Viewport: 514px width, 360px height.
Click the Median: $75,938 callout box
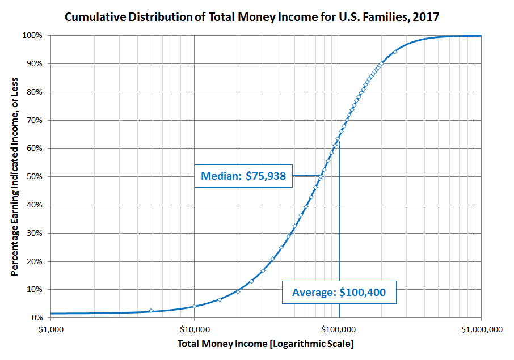click(x=243, y=176)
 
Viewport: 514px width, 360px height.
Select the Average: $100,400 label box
click(x=339, y=293)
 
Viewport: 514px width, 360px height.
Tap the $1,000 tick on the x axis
click(x=51, y=329)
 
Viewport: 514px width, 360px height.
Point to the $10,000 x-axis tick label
click(x=194, y=329)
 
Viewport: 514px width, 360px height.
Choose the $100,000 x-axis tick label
click(x=338, y=329)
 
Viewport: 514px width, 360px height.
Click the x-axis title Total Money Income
click(x=266, y=344)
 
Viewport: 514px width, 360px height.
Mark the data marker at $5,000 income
click(x=151, y=311)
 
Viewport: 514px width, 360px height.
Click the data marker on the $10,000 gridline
click(x=195, y=306)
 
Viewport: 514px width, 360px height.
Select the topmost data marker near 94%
click(x=395, y=52)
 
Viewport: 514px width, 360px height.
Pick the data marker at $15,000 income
click(x=220, y=299)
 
